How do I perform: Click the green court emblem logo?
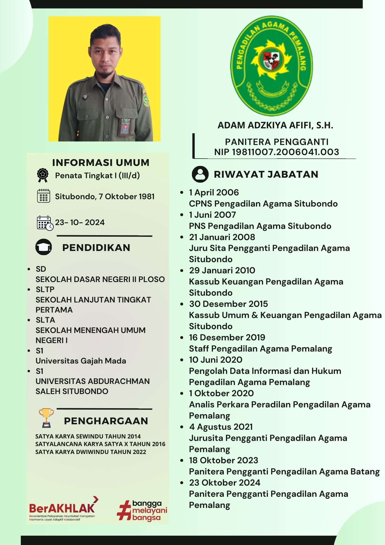(271, 66)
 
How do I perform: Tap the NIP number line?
(276, 152)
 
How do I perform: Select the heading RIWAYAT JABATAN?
(266, 174)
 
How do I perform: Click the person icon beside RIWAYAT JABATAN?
(200, 174)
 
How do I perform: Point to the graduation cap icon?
(44, 247)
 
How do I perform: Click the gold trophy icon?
(46, 417)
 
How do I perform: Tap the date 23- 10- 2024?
(80, 222)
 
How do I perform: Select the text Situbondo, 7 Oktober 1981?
(105, 196)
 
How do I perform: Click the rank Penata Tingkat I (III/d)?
(97, 175)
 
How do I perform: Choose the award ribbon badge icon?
(43, 175)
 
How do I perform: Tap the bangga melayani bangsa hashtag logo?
(142, 511)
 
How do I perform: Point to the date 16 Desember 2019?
(227, 337)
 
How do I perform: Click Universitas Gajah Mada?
(81, 361)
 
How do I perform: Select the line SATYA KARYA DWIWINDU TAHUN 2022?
(91, 452)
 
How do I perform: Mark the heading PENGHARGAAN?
(106, 421)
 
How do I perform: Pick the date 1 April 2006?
(214, 192)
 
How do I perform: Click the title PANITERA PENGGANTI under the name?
(277, 142)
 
